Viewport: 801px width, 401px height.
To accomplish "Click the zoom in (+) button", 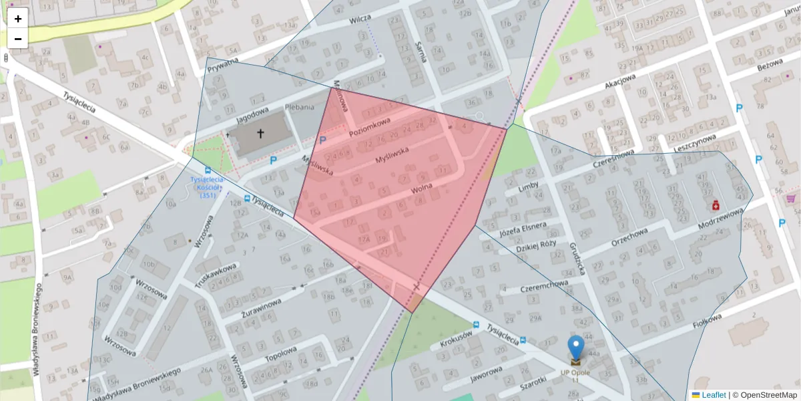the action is tap(18, 18).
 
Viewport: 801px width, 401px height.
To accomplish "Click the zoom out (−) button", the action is tap(18, 39).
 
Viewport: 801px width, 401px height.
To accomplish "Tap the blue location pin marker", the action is tap(575, 348).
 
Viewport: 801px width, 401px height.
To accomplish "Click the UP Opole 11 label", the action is tap(575, 376).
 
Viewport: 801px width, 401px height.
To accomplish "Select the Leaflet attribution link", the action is tap(714, 395).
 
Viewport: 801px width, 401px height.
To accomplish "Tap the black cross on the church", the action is tap(260, 134).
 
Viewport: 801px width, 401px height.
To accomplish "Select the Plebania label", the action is tap(299, 107).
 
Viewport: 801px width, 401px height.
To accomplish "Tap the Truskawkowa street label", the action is tap(216, 275).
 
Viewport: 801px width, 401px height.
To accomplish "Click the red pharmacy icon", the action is tap(715, 205).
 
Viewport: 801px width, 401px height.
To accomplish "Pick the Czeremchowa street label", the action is tap(545, 287).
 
